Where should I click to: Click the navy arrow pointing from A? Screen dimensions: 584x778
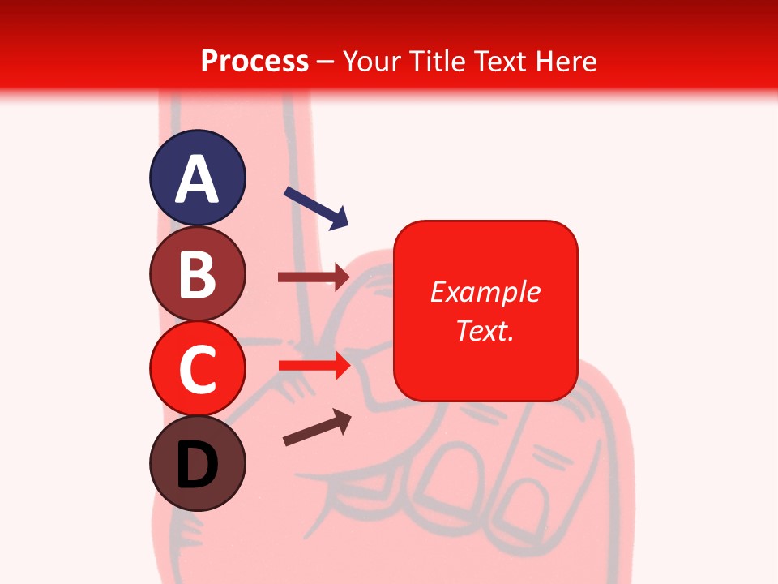pos(316,208)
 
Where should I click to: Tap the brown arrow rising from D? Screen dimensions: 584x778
pos(317,427)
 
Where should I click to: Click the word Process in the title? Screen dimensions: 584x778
pos(254,62)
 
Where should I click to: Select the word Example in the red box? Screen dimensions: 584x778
pos(485,292)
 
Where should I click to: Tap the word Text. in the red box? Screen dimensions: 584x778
pos(485,330)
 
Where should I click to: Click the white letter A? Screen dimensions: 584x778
pos(197,179)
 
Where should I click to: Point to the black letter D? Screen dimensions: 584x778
pos(197,466)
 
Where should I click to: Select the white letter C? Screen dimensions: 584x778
pos(197,370)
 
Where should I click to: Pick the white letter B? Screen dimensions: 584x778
pos(197,274)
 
